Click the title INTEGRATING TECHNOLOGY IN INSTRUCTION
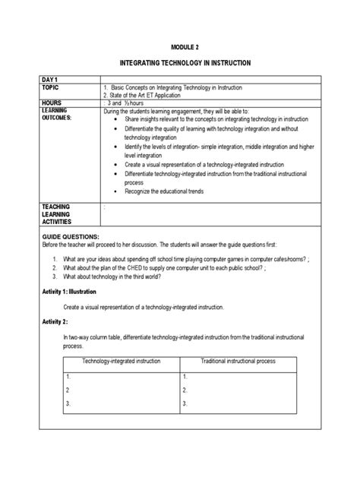180,62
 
